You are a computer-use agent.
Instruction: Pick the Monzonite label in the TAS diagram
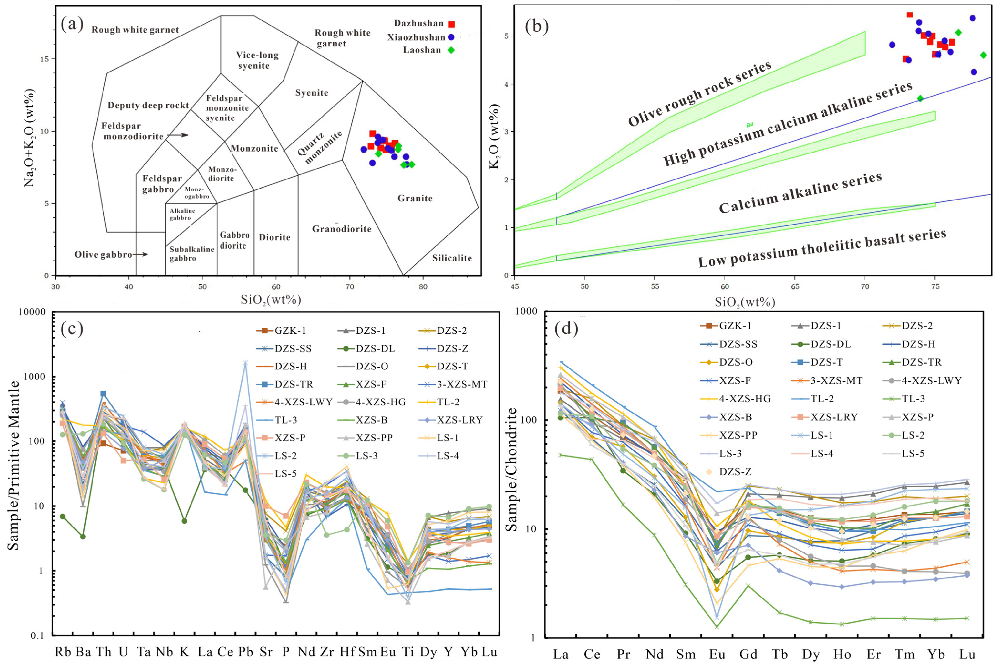point(254,148)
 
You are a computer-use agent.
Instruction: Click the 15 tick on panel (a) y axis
point(44,59)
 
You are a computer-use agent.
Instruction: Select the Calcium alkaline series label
point(800,193)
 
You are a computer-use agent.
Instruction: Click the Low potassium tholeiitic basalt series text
point(822,248)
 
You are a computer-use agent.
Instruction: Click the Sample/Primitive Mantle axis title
point(14,465)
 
